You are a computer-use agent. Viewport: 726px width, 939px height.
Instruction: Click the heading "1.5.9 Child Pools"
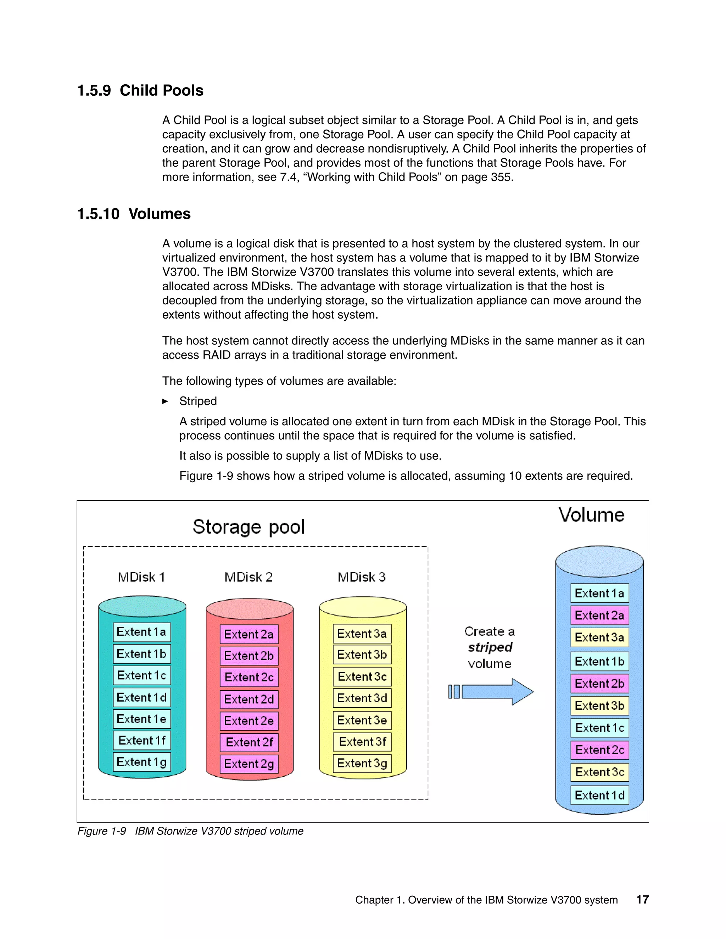tap(140, 91)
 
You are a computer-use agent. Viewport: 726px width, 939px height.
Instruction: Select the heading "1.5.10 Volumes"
tap(134, 214)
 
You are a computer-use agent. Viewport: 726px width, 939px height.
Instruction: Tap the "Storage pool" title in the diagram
tap(248, 527)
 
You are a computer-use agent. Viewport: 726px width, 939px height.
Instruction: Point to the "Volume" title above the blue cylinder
tap(591, 515)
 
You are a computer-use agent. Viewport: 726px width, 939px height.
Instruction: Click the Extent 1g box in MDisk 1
tap(142, 762)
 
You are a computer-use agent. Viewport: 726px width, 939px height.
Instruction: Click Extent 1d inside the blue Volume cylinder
tap(599, 795)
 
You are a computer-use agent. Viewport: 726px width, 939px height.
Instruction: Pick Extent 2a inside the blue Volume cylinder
tap(599, 615)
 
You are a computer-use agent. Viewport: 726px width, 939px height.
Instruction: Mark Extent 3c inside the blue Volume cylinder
tap(599, 772)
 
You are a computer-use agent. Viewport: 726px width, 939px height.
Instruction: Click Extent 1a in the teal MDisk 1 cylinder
tap(142, 632)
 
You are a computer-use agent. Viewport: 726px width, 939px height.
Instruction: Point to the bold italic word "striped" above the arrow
tap(490, 647)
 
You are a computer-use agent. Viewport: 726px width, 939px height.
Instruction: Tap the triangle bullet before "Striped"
tap(165, 401)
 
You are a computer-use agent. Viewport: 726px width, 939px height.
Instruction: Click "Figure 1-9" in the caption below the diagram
tap(101, 831)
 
